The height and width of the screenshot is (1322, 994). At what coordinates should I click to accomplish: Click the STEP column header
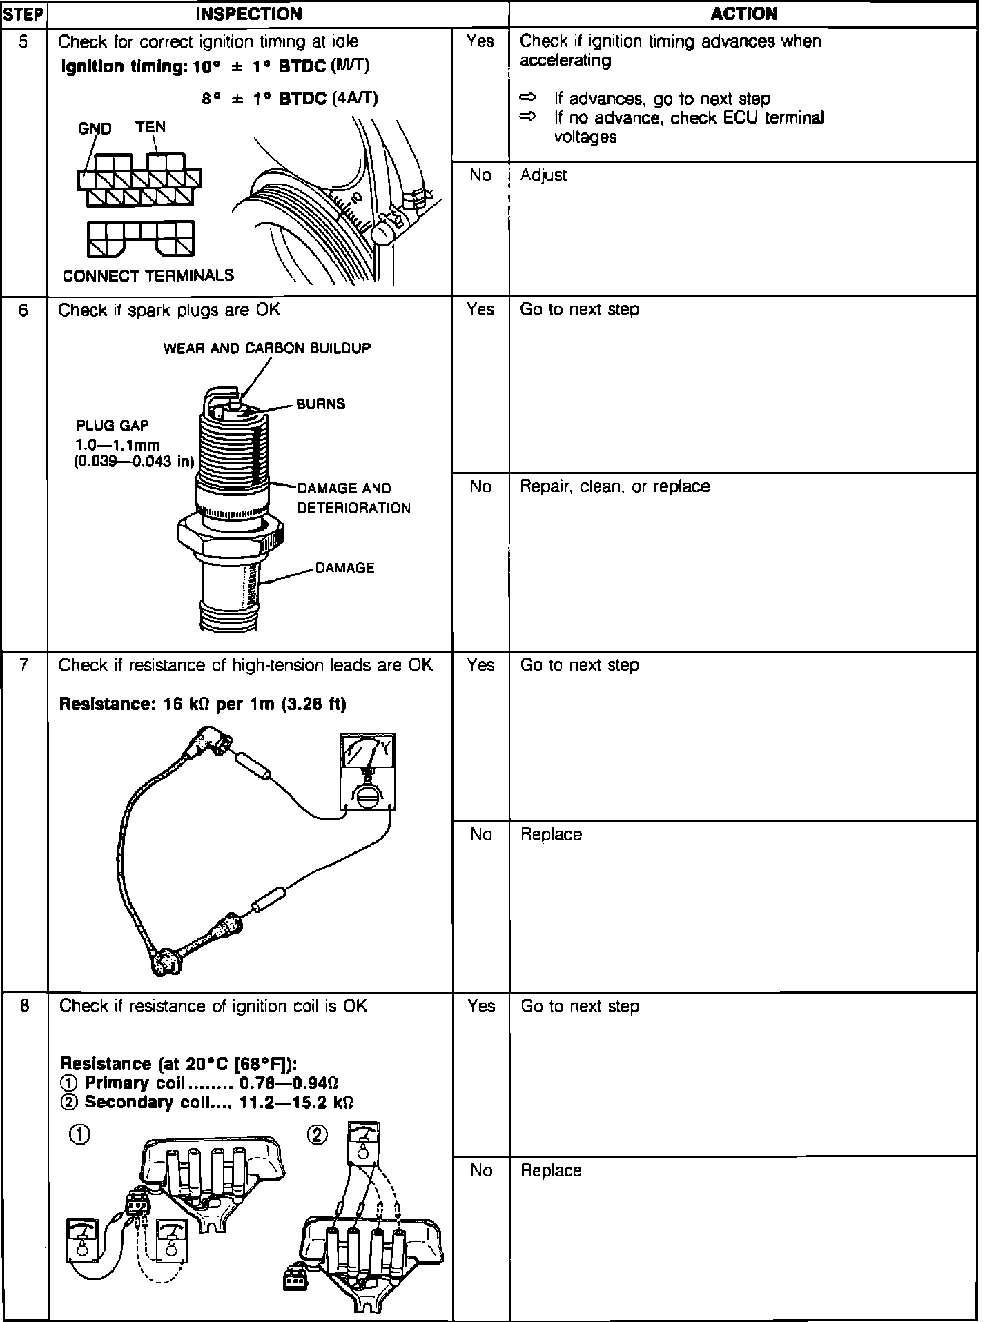[23, 14]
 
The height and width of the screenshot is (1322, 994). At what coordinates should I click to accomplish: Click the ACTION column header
[743, 14]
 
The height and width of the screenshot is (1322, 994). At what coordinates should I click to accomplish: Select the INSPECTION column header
[249, 14]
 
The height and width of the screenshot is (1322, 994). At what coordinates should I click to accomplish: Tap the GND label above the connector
[95, 129]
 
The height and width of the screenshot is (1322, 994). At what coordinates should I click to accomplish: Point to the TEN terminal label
[150, 127]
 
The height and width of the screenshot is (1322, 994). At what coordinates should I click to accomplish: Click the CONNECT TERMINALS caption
[148, 276]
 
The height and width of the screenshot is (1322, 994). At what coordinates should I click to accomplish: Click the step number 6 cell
[24, 310]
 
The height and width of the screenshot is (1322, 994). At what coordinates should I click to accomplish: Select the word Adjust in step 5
[543, 175]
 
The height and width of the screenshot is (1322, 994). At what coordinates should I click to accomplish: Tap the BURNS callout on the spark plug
[320, 404]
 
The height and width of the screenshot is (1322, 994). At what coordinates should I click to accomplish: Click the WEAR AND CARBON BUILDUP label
[266, 348]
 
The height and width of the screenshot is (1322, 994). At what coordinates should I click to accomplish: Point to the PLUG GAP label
[113, 426]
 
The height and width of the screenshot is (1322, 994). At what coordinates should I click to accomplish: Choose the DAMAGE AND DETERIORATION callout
[353, 498]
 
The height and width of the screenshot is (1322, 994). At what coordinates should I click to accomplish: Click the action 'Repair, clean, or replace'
[614, 486]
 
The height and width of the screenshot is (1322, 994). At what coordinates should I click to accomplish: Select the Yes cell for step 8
[480, 1006]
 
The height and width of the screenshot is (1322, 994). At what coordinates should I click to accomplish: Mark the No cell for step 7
[480, 834]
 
